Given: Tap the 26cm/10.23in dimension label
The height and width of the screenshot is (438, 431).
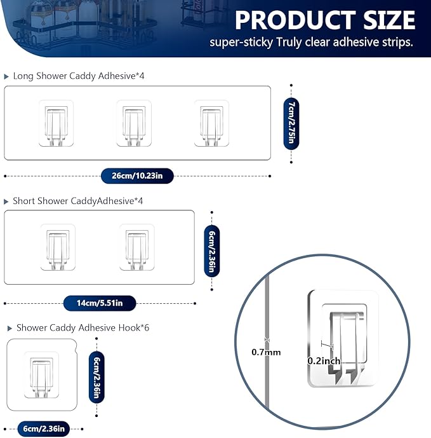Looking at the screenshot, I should (x=137, y=175).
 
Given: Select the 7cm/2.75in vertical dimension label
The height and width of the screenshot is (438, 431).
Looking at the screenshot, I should (x=291, y=123).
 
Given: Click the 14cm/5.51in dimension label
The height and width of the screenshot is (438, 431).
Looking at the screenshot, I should (x=100, y=303).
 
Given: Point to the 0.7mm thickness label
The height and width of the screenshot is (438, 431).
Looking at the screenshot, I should (x=266, y=352).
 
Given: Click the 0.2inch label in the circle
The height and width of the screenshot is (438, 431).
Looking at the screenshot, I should (x=324, y=360).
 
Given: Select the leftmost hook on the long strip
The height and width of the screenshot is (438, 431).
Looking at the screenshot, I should (x=56, y=123).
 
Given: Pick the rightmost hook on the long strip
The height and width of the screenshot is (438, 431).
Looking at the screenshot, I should (x=211, y=123).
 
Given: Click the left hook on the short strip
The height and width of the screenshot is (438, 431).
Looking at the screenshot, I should (x=58, y=247).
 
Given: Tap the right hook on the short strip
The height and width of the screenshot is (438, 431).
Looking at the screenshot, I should (x=137, y=247).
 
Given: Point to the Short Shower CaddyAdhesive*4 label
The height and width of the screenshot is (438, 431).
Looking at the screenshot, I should (x=77, y=201).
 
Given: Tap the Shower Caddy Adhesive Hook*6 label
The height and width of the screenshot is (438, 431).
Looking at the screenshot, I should (x=83, y=328).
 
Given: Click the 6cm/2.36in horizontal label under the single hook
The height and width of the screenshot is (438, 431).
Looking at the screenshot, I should (x=44, y=428).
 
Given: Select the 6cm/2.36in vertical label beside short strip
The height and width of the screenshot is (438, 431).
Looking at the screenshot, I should (x=212, y=251).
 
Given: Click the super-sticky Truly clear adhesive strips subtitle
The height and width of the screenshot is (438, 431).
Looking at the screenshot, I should (x=312, y=43).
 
